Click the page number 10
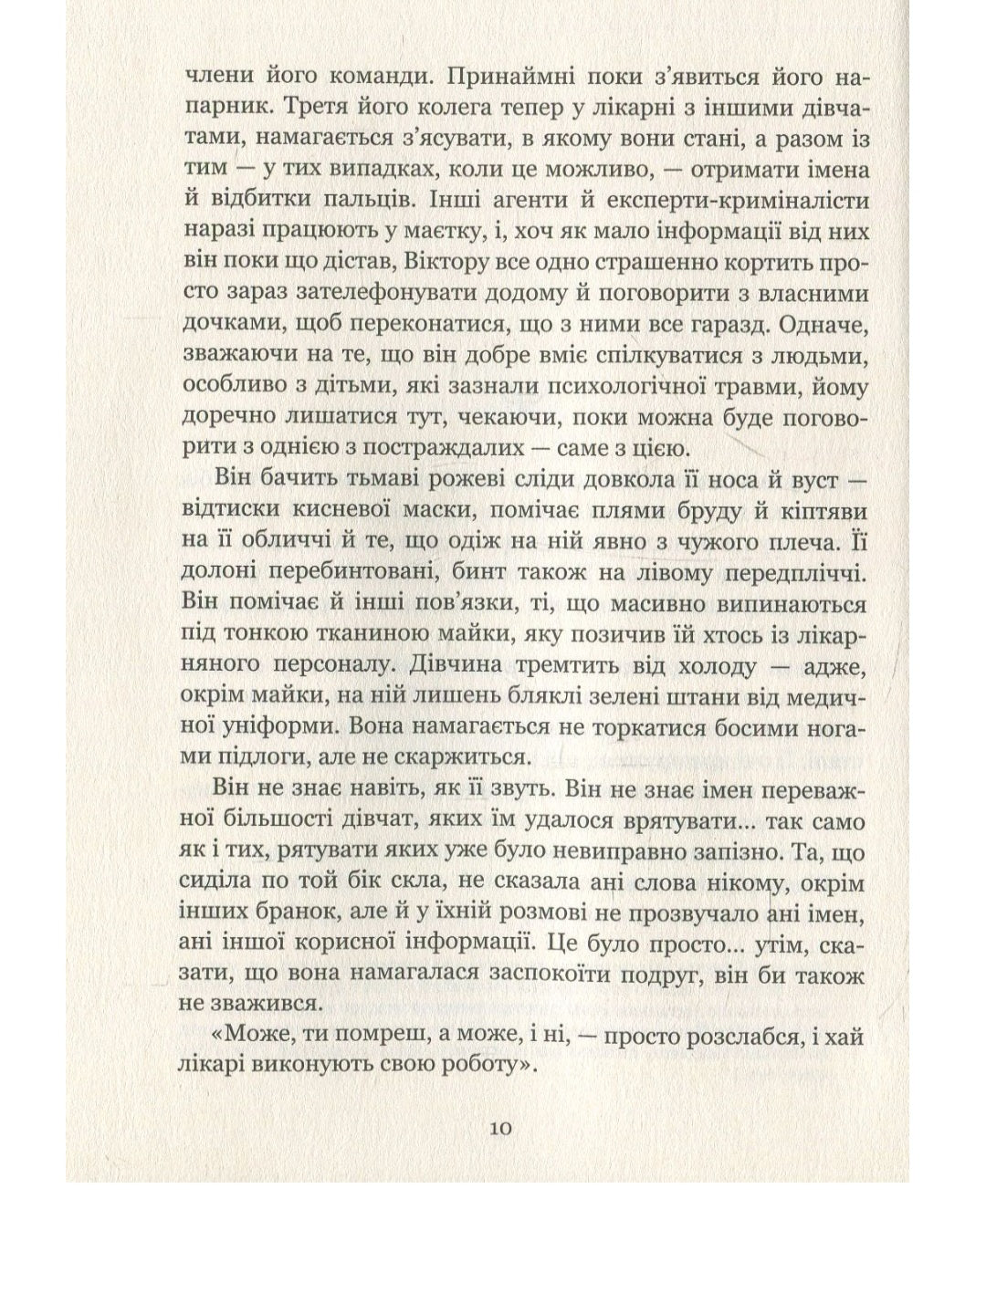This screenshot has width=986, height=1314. pos(500,1128)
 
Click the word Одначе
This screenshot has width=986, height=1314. pos(821,327)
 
